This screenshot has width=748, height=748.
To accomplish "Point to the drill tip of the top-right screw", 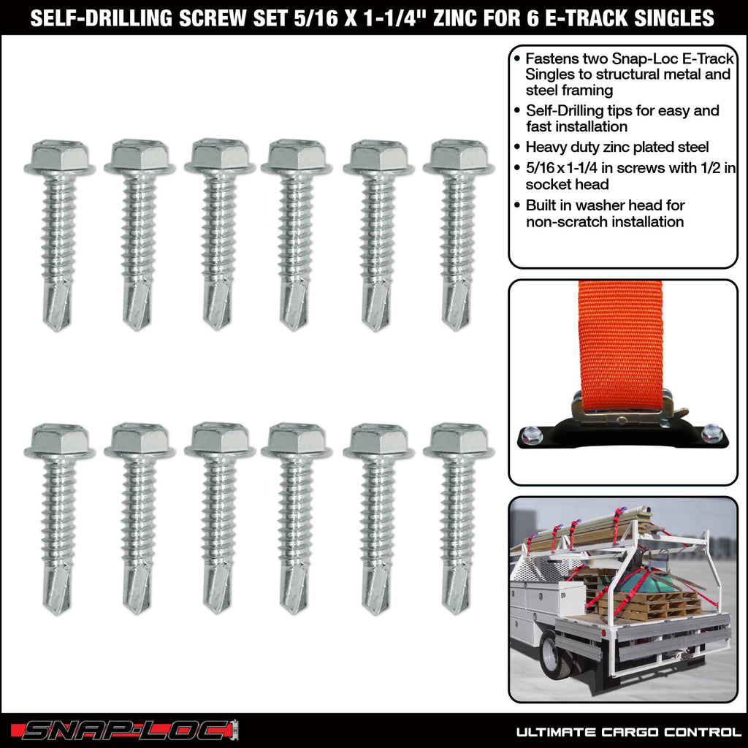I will point(457,307).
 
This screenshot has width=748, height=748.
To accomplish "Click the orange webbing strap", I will point(620,336).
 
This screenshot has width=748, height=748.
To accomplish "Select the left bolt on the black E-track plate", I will point(533,435).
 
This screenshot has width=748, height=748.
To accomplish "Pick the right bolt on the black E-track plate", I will point(711,433).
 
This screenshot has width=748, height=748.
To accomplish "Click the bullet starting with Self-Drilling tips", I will point(621,118).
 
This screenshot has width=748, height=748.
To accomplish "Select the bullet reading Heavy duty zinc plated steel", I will point(617,147).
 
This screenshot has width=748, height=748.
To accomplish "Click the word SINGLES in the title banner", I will point(680,18).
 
